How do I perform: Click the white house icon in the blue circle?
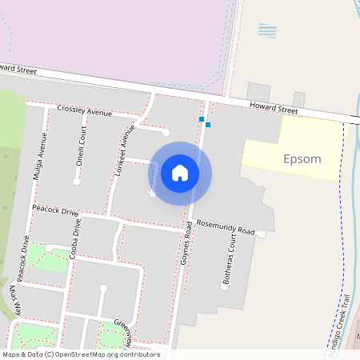[x=180, y=173]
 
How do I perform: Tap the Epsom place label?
[x=302, y=158]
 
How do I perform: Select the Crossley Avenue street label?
[x=84, y=110]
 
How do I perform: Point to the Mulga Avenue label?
[x=41, y=154]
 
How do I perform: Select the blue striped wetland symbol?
[x=268, y=30]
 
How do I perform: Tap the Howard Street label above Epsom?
[x=273, y=108]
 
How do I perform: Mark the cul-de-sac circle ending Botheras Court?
[x=225, y=285]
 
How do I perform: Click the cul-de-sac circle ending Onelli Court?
[x=76, y=182]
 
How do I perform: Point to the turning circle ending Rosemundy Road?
[x=262, y=234]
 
